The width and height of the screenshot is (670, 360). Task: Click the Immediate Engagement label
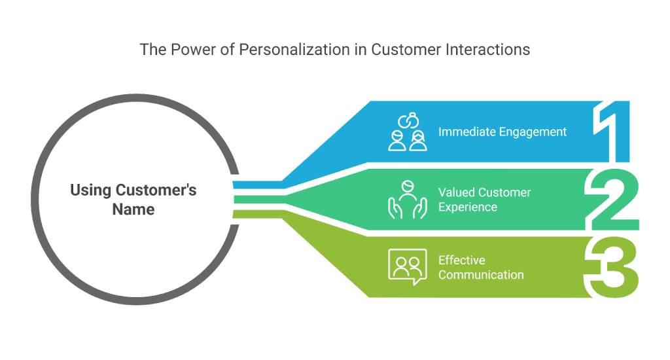(x=502, y=132)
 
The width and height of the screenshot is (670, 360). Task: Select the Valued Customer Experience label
(x=484, y=200)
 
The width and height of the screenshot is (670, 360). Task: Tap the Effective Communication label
(x=481, y=267)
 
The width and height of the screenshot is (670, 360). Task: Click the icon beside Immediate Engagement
(x=407, y=132)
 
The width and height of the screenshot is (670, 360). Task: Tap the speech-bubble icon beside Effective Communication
(x=407, y=266)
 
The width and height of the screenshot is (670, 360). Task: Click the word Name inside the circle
(x=133, y=210)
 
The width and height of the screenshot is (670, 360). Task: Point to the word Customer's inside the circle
(x=156, y=190)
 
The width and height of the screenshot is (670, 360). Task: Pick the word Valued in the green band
(x=457, y=192)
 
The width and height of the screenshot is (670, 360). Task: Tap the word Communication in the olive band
(x=481, y=275)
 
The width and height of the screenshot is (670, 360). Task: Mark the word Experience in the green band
(x=468, y=207)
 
